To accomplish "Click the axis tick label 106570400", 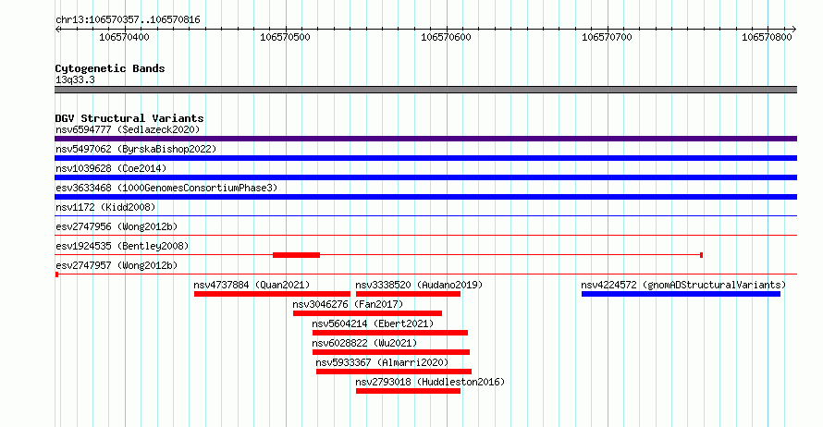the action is [x=124, y=37].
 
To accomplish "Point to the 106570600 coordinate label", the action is [x=446, y=37].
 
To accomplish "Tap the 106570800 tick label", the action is [x=767, y=37].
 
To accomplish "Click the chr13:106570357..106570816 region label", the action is [x=128, y=20].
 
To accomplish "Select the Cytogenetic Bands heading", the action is [x=110, y=68].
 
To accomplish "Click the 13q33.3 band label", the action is [x=75, y=79].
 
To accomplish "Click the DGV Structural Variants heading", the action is [x=129, y=118].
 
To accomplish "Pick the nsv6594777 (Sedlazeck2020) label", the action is [x=128, y=129].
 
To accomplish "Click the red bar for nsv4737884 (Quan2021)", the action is [x=272, y=294].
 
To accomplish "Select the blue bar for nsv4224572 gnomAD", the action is [x=681, y=294].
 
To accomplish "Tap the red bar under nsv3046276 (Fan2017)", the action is [x=367, y=313].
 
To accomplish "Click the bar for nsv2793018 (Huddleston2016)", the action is [x=408, y=391].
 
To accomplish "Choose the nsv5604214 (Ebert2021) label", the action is [x=373, y=323].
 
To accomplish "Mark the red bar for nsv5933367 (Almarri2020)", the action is [x=394, y=372].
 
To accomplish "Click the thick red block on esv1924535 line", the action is [x=296, y=255].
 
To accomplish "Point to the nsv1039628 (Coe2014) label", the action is [x=111, y=168].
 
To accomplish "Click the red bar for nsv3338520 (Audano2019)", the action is [x=408, y=294].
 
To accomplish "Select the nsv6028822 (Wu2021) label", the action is [x=364, y=343].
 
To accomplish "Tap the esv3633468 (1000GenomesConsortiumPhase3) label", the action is [x=166, y=188].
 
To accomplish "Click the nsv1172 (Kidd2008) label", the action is [x=105, y=207].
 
